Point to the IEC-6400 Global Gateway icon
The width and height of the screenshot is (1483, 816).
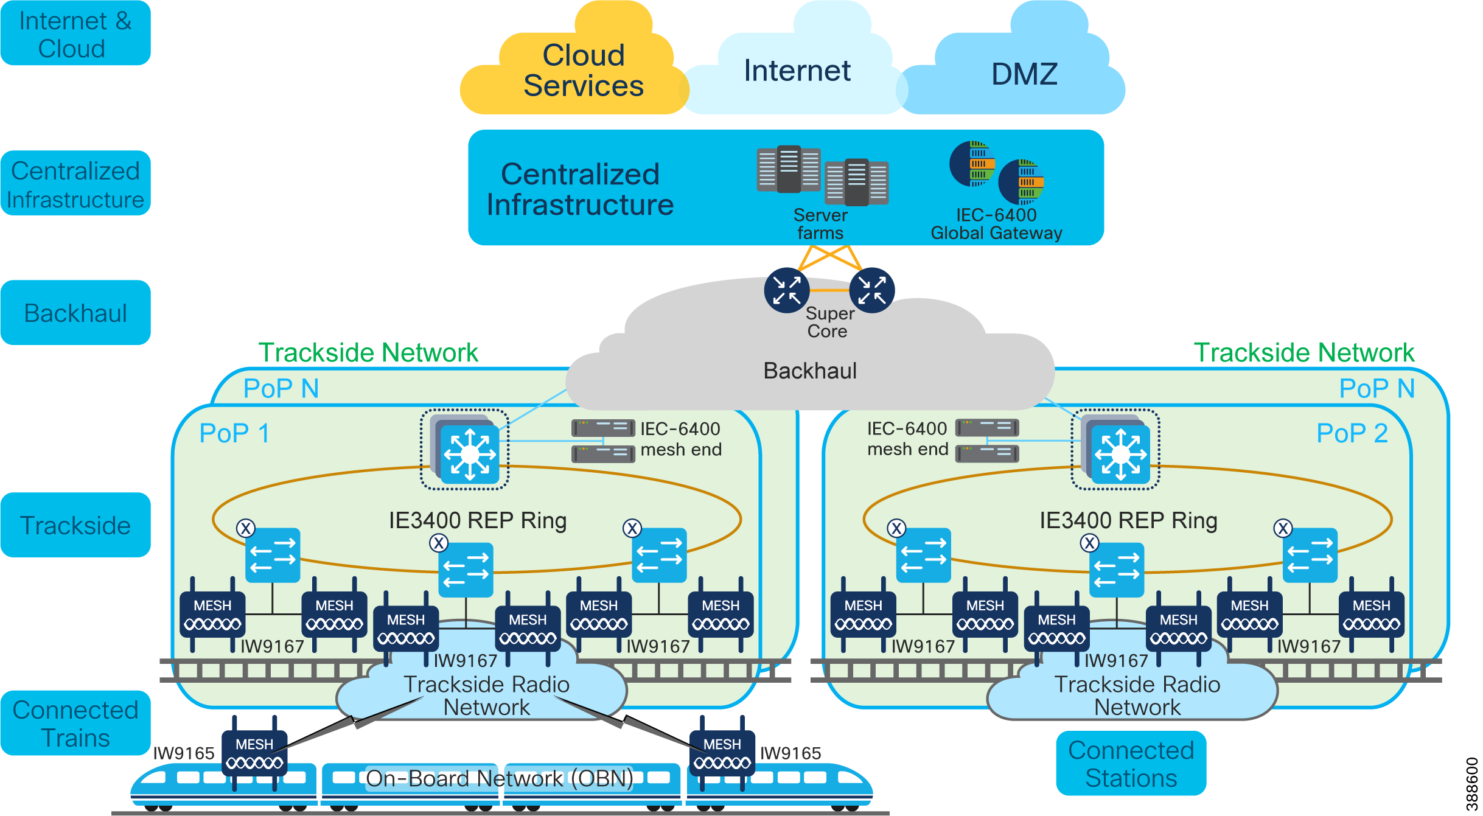pos(997,173)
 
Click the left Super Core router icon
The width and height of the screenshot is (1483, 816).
pos(786,290)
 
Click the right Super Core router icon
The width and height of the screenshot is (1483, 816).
pos(871,290)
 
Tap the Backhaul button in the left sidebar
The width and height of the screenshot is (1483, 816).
pos(75,313)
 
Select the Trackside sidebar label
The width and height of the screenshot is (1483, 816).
pos(75,525)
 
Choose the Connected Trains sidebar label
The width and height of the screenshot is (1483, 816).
pos(75,724)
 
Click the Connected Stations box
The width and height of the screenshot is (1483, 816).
pos(1131,764)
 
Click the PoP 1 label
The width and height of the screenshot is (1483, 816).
pos(234,433)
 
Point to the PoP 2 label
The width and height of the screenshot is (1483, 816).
pos(1352,433)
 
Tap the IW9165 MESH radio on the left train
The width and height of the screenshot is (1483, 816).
pos(254,753)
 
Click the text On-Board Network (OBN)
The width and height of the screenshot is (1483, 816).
pos(499,778)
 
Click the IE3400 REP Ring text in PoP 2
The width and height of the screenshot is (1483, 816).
pos(1128,520)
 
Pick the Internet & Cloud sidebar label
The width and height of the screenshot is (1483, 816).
pos(75,34)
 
